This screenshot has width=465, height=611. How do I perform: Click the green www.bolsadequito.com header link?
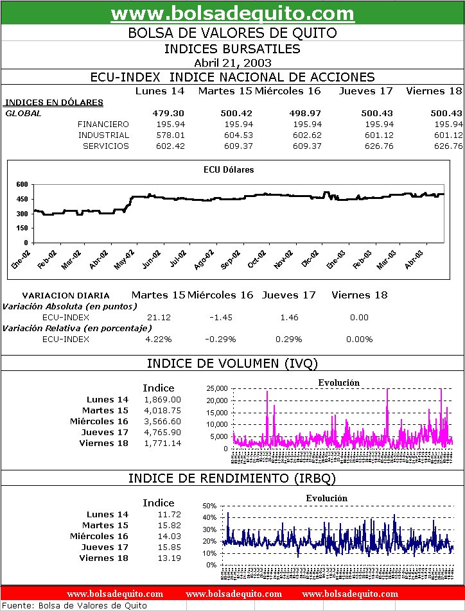232,13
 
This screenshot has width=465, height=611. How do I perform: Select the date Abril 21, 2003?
232,63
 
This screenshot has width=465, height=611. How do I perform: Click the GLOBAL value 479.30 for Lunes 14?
169,114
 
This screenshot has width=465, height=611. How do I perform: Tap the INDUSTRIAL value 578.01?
171,135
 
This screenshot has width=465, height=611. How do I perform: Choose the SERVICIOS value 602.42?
171,146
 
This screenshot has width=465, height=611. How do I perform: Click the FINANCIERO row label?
103,125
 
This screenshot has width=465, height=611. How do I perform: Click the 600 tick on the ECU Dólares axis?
22,184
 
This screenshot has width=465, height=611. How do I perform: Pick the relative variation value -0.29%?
220,340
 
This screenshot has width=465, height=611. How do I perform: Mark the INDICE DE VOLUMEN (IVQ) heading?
232,364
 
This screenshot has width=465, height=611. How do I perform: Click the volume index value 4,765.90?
162,433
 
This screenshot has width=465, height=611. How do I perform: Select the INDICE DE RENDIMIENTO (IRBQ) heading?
232,479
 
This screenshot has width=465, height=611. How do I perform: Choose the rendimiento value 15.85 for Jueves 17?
170,547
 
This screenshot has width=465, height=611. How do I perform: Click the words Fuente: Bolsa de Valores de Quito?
75,606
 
